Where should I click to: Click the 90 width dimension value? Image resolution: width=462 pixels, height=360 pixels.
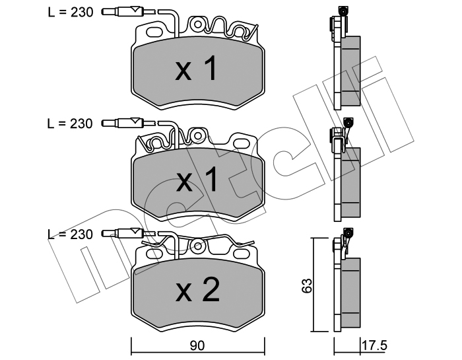tap(197, 345)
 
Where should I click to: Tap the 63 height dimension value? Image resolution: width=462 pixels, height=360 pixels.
tap(306, 285)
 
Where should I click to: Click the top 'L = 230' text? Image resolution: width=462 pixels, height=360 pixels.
tap(71, 12)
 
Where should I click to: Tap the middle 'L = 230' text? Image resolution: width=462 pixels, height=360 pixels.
tap(71, 124)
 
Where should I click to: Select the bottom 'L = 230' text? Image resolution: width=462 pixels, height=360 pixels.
tap(71, 234)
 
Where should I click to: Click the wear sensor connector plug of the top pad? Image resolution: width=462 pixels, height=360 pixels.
tap(122, 12)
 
